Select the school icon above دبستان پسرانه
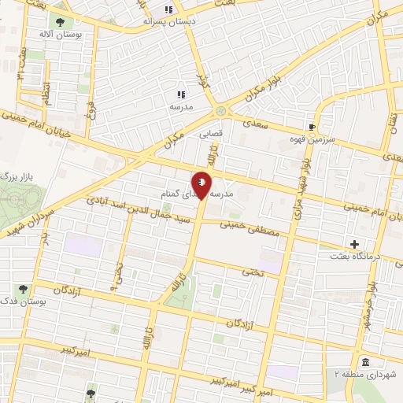(x=168, y=9)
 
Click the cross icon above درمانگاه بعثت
(x=354, y=244)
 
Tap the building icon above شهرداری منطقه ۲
(x=366, y=362)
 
